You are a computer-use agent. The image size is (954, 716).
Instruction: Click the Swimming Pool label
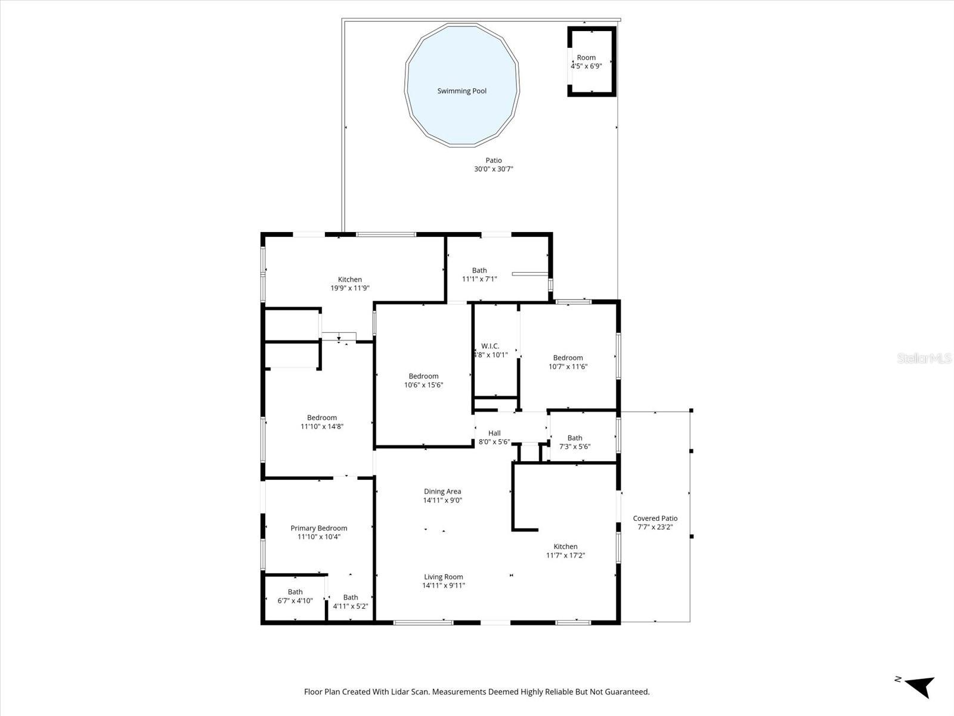click(461, 91)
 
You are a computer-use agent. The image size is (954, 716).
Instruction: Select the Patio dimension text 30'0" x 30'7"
click(493, 169)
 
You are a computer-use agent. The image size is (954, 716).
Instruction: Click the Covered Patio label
click(655, 519)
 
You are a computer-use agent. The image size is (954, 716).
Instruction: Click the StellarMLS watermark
click(924, 359)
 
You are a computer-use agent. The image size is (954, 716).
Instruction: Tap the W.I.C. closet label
click(490, 346)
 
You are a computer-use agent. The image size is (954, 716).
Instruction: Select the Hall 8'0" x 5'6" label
click(494, 437)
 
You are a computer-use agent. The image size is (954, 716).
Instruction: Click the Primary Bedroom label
click(318, 528)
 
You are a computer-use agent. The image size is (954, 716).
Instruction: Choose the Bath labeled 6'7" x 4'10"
click(295, 596)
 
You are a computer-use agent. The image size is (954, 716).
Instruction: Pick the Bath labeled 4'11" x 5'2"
click(350, 601)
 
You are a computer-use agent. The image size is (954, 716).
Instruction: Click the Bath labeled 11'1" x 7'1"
click(479, 274)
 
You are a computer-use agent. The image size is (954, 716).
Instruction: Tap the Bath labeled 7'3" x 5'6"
click(574, 442)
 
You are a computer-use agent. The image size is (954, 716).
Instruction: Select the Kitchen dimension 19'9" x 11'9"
click(350, 288)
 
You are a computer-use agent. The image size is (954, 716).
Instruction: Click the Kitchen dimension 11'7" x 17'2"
click(565, 555)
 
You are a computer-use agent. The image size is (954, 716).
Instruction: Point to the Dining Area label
click(442, 492)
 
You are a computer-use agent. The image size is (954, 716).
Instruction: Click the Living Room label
click(443, 577)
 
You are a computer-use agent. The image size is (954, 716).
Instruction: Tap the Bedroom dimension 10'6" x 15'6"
click(423, 385)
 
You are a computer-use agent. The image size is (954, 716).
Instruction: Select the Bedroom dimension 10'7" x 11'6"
click(568, 367)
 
